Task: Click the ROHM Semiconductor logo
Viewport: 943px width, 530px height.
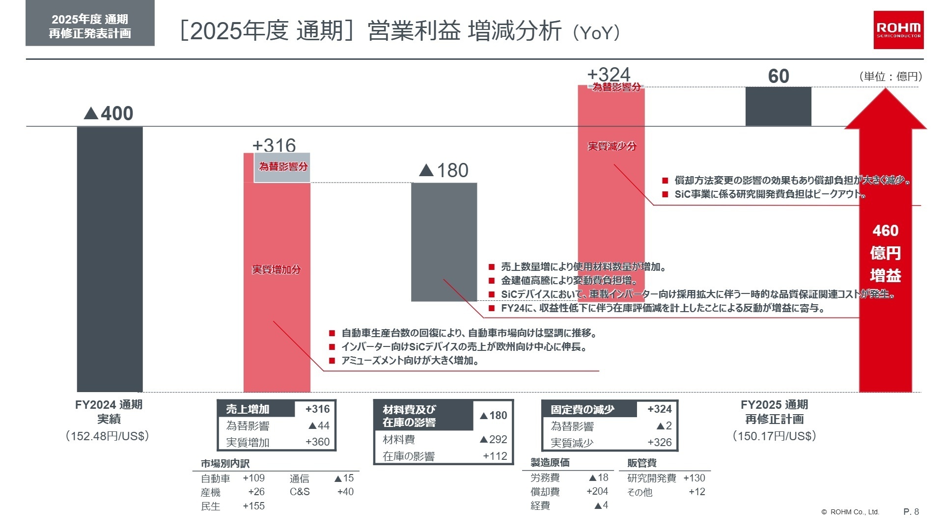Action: click(x=898, y=29)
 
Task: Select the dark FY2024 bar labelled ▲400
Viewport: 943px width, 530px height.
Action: click(x=110, y=259)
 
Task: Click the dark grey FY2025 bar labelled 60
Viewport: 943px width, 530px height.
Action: click(x=778, y=106)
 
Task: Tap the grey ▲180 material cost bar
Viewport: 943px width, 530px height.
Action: click(x=444, y=242)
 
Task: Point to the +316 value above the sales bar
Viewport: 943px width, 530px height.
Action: click(x=274, y=145)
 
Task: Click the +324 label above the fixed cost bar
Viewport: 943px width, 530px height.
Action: click(x=609, y=75)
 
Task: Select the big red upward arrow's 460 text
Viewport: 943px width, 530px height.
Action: click(x=885, y=231)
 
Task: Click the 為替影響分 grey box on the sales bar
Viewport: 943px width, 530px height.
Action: click(x=282, y=167)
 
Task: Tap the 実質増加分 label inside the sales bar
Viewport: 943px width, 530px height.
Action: click(x=276, y=269)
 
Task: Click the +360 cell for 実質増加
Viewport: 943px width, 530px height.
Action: click(x=317, y=442)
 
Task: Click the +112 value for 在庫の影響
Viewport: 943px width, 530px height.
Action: click(x=495, y=456)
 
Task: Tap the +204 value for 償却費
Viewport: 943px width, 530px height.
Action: click(x=597, y=491)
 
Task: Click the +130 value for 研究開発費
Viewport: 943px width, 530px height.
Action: click(x=694, y=478)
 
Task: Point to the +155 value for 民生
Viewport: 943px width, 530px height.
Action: click(x=253, y=506)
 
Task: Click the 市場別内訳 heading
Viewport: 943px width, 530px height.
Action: click(x=225, y=463)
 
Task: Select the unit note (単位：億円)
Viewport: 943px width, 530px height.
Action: click(x=890, y=77)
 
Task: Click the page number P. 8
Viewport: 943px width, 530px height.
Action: click(x=911, y=512)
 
